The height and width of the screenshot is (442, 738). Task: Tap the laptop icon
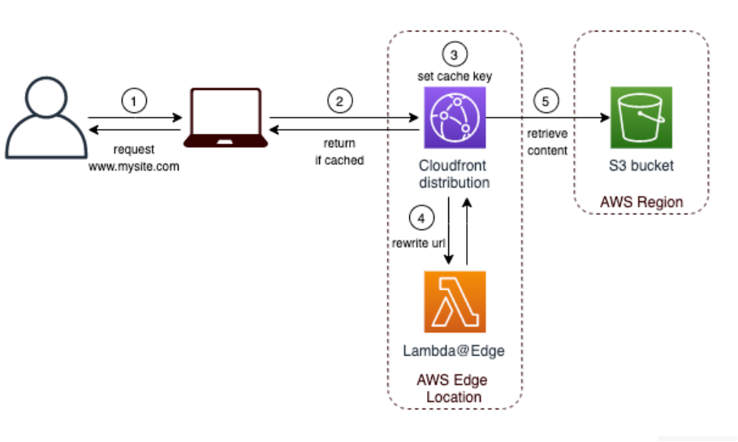(x=225, y=118)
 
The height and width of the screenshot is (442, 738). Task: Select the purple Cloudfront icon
(x=454, y=118)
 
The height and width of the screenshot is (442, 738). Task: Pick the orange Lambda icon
(x=454, y=301)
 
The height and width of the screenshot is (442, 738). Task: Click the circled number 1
(x=135, y=101)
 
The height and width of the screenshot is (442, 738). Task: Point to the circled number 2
(x=340, y=101)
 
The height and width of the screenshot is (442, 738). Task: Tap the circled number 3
(x=455, y=54)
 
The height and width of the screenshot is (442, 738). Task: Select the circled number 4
(x=421, y=218)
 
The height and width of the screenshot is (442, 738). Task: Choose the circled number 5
(x=546, y=101)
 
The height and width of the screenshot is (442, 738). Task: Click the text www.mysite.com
(x=134, y=166)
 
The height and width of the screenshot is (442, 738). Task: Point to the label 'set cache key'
(x=455, y=76)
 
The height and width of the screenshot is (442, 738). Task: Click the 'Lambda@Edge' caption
(x=454, y=350)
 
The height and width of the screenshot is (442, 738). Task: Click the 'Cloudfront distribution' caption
(x=454, y=174)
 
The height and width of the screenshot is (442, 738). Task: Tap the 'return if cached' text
(x=339, y=152)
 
